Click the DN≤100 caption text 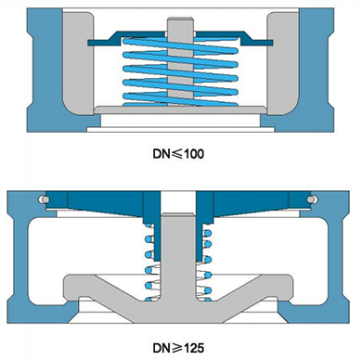click(x=178, y=154)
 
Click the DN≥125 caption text click(x=178, y=348)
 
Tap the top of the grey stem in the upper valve click(x=180, y=19)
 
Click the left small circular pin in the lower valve click(x=44, y=199)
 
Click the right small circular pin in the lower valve click(x=312, y=199)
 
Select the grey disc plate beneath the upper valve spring click(x=180, y=110)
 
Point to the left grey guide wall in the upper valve click(x=78, y=63)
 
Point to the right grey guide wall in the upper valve click(x=283, y=63)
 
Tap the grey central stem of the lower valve click(x=178, y=257)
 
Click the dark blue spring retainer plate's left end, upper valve click(x=93, y=43)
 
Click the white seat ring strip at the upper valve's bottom click(x=181, y=130)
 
